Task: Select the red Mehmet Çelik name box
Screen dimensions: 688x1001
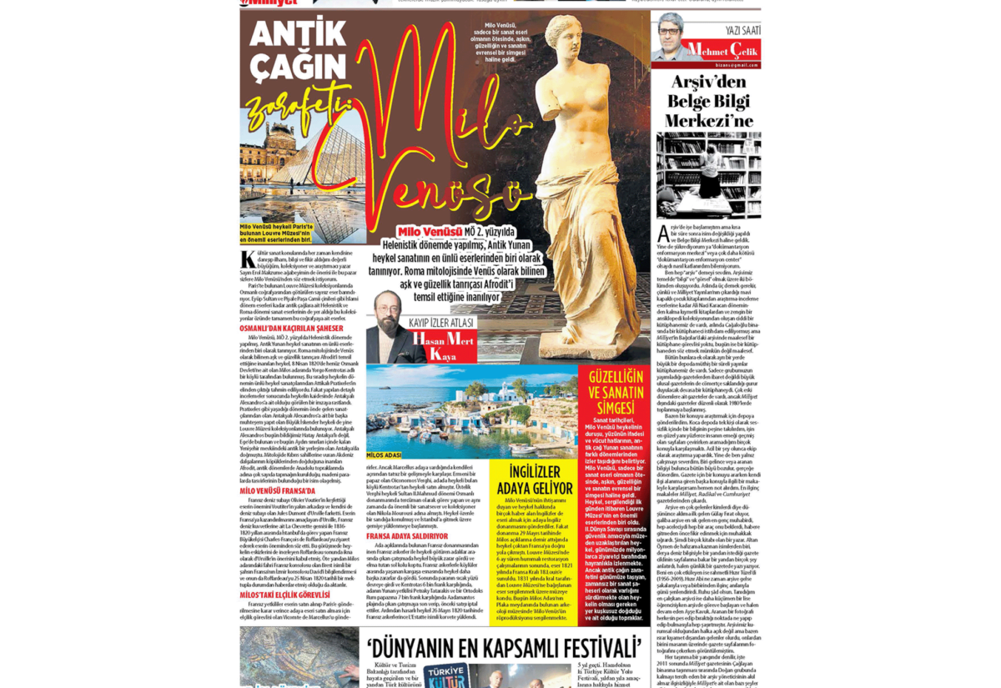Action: point(720,50)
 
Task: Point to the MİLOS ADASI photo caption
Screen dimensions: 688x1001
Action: point(385,454)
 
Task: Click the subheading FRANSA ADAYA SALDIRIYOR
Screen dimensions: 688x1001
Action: point(406,536)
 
